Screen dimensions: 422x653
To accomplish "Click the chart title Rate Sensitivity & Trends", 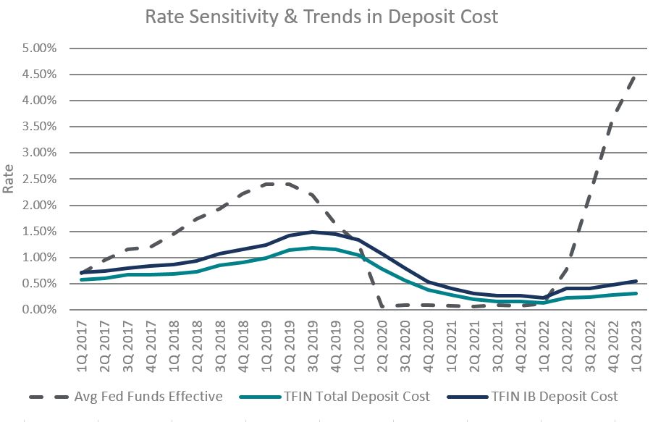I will click(x=321, y=17).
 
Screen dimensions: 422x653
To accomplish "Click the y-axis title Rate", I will click(x=9, y=180).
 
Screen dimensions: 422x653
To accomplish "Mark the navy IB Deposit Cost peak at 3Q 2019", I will click(x=311, y=232).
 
